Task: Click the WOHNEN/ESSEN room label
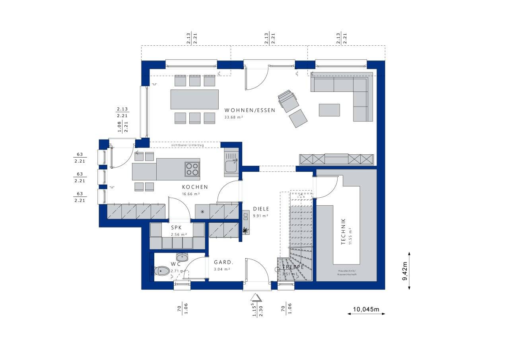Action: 249,110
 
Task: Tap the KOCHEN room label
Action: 195,187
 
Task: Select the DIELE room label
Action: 261,209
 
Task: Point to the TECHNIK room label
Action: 344,232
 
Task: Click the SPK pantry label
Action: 176,228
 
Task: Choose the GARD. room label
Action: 223,262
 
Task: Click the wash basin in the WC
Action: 183,256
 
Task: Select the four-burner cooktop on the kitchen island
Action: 192,169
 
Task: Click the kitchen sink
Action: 231,166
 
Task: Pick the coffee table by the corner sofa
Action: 329,110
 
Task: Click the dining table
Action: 194,99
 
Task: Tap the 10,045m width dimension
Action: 366,309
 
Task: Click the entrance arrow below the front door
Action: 256,297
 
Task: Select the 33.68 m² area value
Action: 234,117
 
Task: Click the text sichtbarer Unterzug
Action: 187,145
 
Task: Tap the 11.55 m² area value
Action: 350,236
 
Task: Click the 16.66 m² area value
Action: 191,194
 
